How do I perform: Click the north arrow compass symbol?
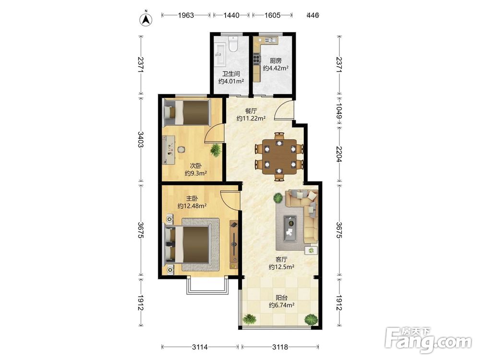(x=146, y=20)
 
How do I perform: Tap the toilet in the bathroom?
(x=234, y=44)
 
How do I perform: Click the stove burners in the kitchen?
(x=256, y=59)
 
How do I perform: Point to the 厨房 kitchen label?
(x=276, y=61)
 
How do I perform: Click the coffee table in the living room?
(x=290, y=226)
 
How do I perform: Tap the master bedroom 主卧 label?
(x=192, y=198)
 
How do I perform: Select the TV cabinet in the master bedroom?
(x=234, y=244)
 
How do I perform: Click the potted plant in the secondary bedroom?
(x=216, y=150)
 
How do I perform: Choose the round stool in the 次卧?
(x=181, y=150)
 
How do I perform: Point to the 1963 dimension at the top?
(x=186, y=15)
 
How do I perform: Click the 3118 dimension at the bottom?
(x=280, y=347)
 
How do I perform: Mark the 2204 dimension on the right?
(x=339, y=154)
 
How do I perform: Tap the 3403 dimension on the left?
(x=141, y=140)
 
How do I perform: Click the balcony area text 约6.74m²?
(x=282, y=305)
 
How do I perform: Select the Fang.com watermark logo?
(x=428, y=340)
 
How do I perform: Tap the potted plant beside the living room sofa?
(x=278, y=198)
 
